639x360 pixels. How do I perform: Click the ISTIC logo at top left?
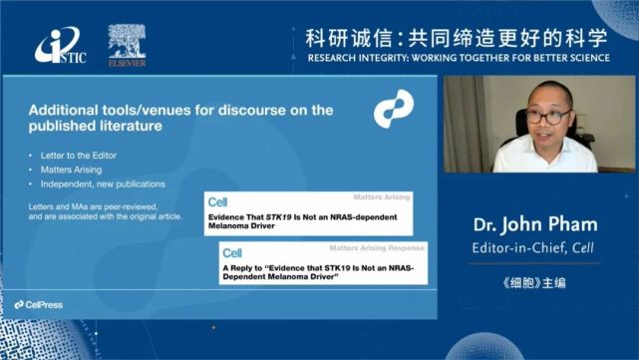(60, 46)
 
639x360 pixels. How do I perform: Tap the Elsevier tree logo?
(127, 42)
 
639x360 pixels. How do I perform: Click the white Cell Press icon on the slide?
(393, 109)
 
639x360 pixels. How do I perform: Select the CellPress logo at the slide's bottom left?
(41, 303)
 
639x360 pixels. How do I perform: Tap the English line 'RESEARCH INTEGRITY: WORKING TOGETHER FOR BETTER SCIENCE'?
(457, 59)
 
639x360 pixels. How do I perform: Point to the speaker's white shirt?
(543, 157)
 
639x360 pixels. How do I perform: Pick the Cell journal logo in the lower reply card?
(233, 253)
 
